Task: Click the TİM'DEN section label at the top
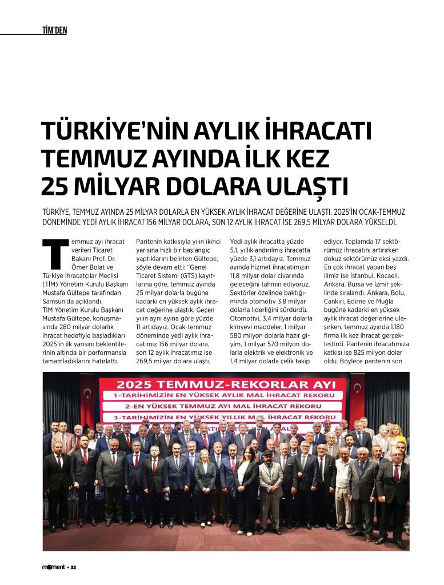55,30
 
